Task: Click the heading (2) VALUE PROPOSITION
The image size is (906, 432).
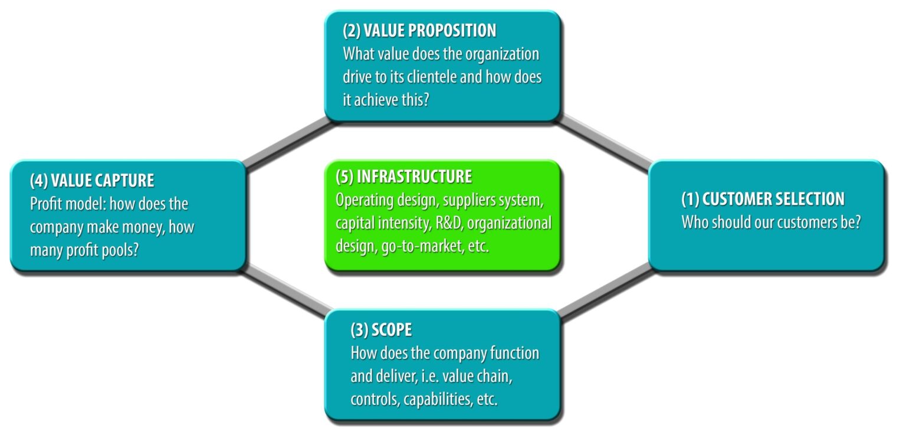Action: pos(419,31)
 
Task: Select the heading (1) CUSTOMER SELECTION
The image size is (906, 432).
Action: pos(763,199)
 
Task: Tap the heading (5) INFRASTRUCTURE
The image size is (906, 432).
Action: pos(403,176)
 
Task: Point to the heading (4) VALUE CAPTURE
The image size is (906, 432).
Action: pos(92,181)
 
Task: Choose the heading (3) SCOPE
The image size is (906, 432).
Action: pos(381,330)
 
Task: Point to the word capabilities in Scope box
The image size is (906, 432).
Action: pos(437,400)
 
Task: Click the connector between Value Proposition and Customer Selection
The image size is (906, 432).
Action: pos(604,142)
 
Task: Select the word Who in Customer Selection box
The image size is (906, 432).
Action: pos(694,223)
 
